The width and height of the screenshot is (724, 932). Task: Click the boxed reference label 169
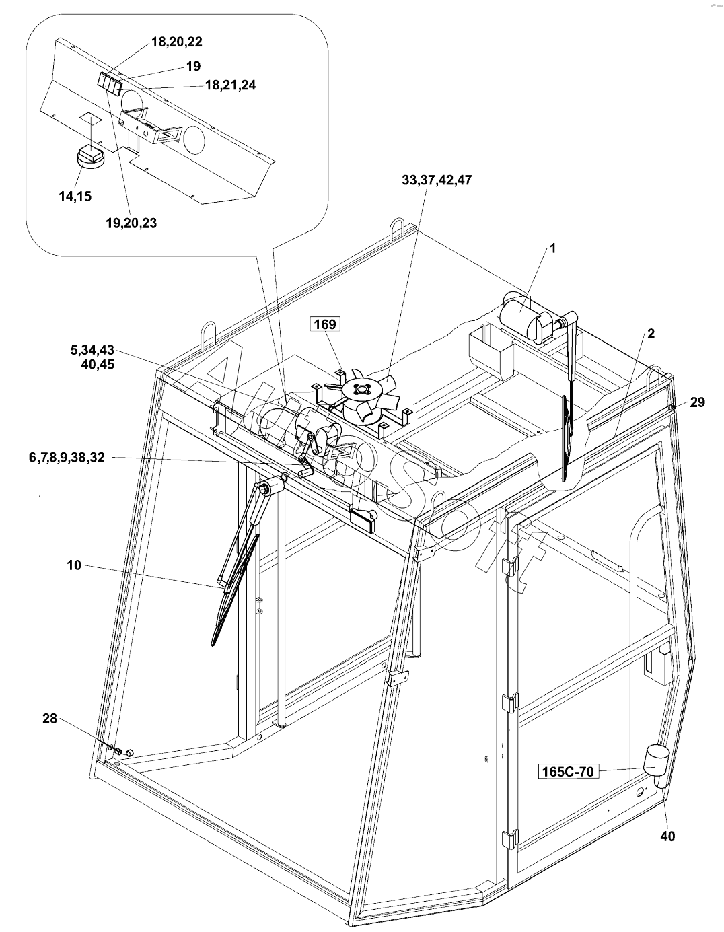coord(324,324)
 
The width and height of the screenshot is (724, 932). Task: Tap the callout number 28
coord(50,719)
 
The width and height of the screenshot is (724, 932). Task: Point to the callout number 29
coord(697,402)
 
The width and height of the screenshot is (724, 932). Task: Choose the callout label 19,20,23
coord(131,223)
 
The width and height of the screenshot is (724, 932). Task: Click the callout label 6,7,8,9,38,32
coord(67,458)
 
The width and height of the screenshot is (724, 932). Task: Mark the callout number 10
coord(74,565)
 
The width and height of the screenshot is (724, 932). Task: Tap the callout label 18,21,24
coord(230,85)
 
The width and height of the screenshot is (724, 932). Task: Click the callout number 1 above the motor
coord(552,248)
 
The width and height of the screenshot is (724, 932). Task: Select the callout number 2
coord(651,334)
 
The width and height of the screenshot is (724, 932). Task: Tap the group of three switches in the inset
coord(109,83)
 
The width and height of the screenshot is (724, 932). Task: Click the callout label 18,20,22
coord(176,42)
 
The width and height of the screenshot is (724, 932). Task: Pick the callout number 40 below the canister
coord(667,836)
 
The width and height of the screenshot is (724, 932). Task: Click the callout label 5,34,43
coord(93,350)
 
